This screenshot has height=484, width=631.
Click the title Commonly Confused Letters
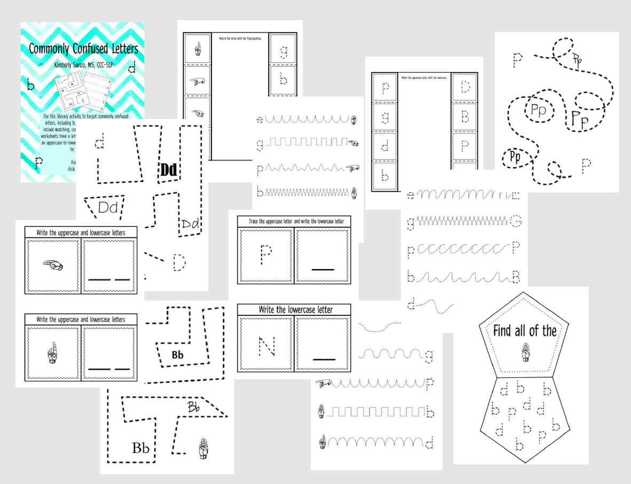[x=83, y=49]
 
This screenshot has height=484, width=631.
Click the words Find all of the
[x=525, y=331]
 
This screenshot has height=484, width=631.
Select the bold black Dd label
[x=169, y=170]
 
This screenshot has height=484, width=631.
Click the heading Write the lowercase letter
[x=295, y=310]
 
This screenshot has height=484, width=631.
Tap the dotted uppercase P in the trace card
[x=266, y=256]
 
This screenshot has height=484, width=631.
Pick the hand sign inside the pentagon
[x=525, y=352]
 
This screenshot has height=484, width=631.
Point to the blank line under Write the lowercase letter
[x=322, y=359]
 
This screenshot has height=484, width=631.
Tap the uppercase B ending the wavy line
[x=516, y=276]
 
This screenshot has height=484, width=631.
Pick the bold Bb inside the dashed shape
[x=178, y=354]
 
